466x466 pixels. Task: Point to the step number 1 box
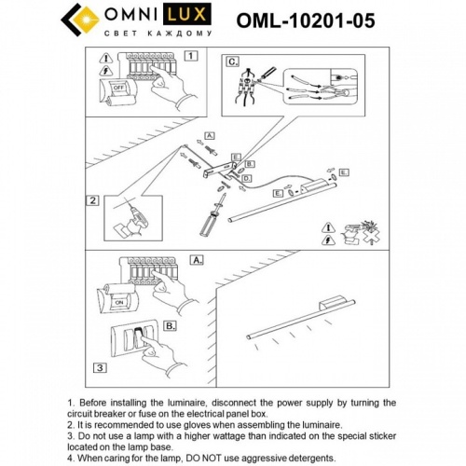(x=191, y=56)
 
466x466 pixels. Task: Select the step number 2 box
(x=93, y=199)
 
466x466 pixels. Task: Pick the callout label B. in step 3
(x=171, y=326)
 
